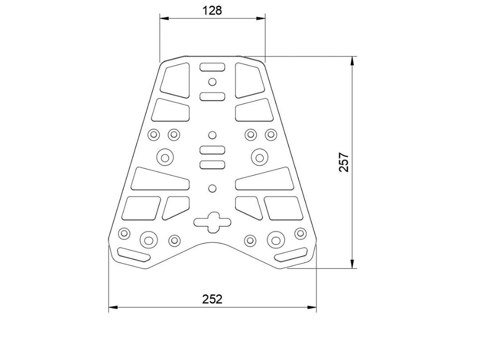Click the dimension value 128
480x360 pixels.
[212, 10]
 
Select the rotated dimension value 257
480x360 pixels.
[345, 162]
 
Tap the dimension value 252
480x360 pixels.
[212, 299]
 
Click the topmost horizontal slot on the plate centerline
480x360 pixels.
[212, 67]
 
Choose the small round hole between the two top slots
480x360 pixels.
[212, 82]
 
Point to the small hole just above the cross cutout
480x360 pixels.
[212, 188]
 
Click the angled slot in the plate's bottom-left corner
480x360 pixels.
[134, 255]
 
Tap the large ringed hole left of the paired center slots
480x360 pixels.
[165, 156]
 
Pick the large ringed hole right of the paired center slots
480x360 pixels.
[259, 156]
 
